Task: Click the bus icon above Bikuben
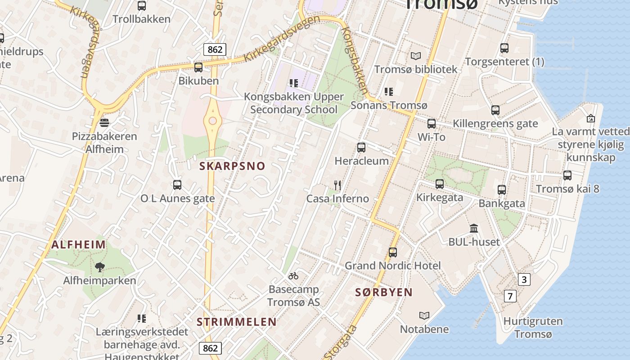tap(198, 67)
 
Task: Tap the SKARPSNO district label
tap(232, 166)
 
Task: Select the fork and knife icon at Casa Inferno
tap(337, 185)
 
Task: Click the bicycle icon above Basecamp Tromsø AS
tap(293, 276)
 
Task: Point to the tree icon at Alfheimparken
tap(100, 267)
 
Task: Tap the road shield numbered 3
tap(523, 279)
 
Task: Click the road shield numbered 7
tap(510, 296)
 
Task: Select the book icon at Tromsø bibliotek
tap(416, 56)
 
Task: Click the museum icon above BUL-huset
tap(474, 229)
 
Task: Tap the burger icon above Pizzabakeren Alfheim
tap(104, 122)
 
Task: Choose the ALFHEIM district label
tap(79, 245)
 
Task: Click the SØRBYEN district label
tap(384, 292)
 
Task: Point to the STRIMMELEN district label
tap(236, 322)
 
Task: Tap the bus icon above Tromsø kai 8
tap(567, 175)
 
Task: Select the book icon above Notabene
tap(424, 315)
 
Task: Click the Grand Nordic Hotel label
tap(393, 265)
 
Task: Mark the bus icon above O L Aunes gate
tap(177, 185)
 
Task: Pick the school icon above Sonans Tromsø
tap(389, 92)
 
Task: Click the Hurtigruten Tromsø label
tap(533, 328)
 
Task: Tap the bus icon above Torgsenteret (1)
tap(504, 48)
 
